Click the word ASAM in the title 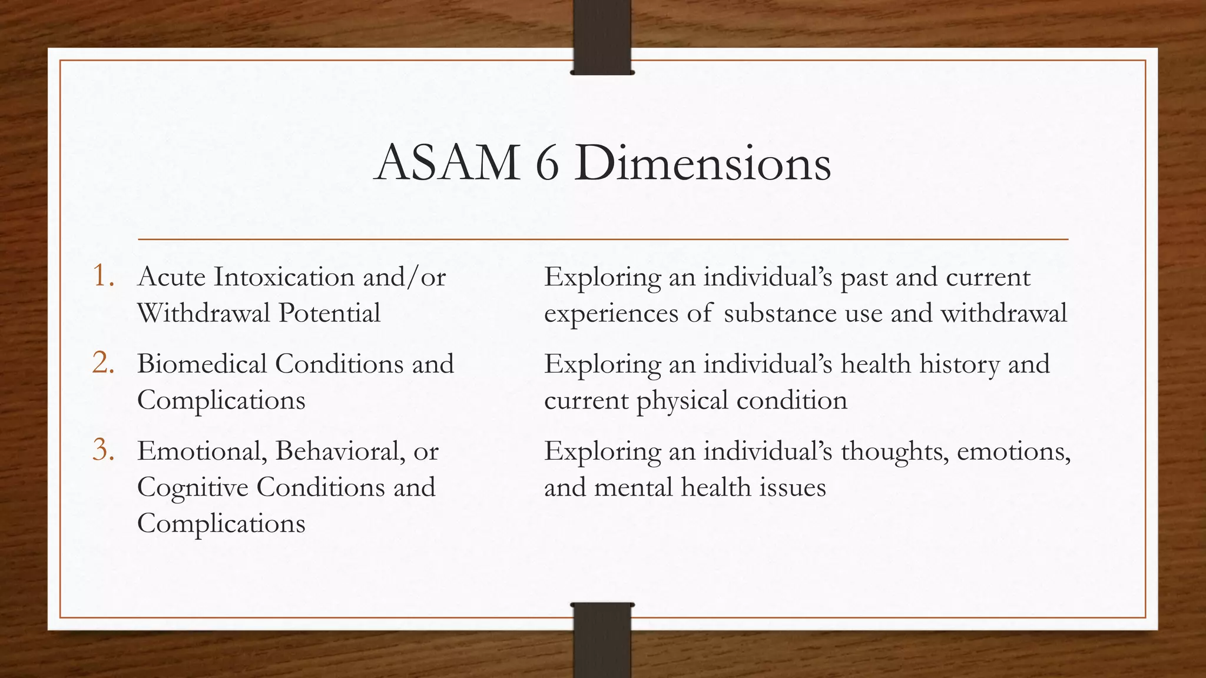[x=447, y=163]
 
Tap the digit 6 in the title [x=547, y=163]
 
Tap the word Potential [x=329, y=313]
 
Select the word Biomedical [x=201, y=364]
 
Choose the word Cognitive [x=193, y=488]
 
